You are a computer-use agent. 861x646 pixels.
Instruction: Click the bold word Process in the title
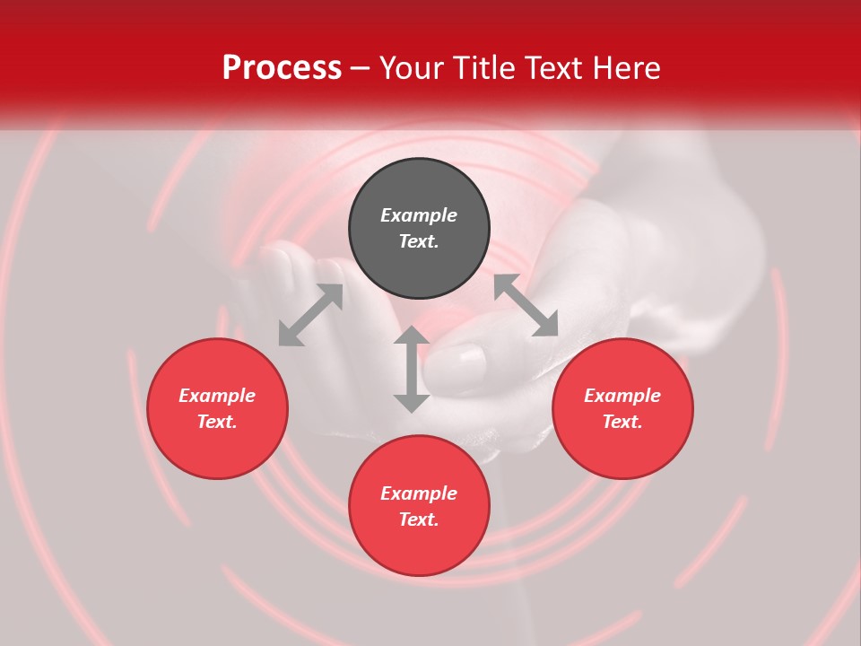[282, 67]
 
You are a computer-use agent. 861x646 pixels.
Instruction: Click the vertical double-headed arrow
[412, 369]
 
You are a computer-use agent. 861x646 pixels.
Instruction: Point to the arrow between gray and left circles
[310, 315]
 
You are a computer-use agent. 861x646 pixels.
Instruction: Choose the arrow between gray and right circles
[526, 305]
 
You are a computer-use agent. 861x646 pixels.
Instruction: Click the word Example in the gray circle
[419, 215]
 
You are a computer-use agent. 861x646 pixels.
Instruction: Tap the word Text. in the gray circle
[419, 241]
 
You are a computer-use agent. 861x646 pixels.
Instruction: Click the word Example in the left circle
[217, 396]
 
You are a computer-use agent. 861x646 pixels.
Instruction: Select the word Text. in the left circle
[217, 422]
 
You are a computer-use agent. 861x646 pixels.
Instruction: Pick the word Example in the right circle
[622, 396]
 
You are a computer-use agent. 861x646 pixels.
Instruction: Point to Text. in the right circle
[622, 422]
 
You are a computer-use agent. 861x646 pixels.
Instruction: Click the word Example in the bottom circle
[419, 493]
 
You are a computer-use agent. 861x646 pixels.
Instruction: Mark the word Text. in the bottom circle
[419, 519]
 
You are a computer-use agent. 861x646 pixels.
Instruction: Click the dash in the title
[361, 68]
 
